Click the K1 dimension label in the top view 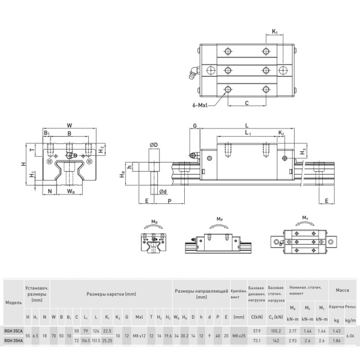coord(275,31)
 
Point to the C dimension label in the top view coord(247,103)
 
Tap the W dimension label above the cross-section coord(70,126)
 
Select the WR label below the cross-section coord(71,191)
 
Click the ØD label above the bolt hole coord(154,145)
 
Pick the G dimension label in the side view coord(195,127)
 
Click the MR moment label coord(155,222)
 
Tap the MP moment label coord(219,220)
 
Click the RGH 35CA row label coord(12,331)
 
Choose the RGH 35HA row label coord(12,340)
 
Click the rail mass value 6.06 coord(350,335)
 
